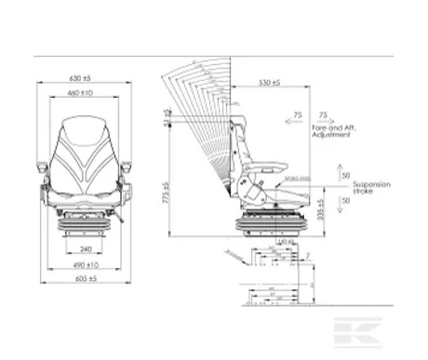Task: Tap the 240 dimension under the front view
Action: point(85,248)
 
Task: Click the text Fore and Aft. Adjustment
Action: point(336,131)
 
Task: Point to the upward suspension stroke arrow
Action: point(334,174)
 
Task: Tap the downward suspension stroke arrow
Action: point(334,200)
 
